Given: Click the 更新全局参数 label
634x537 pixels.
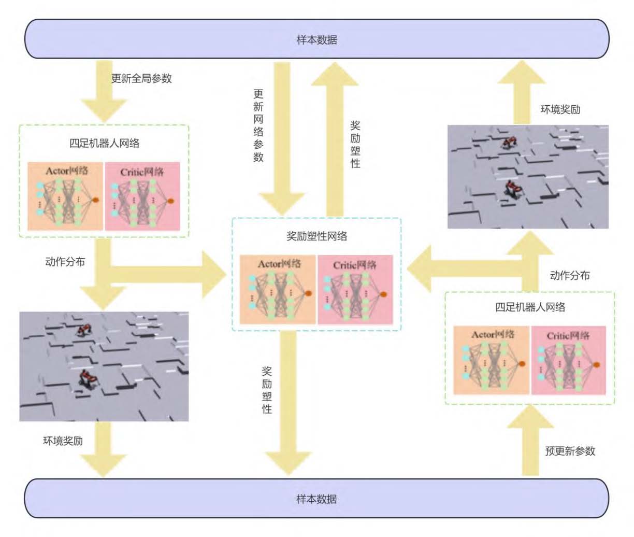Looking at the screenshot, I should [141, 79].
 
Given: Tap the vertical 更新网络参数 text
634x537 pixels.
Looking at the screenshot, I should [258, 125].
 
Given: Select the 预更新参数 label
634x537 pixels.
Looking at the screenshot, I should [570, 451].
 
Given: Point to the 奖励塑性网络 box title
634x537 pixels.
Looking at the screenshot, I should [316, 236].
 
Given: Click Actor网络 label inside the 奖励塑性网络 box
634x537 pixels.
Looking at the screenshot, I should [279, 264].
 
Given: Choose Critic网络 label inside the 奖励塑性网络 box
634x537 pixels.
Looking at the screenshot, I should [355, 265].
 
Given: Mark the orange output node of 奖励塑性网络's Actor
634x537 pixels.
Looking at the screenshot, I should [309, 294].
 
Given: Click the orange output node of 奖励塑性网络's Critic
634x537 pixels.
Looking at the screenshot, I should [384, 294].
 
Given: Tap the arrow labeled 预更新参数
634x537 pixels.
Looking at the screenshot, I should [530, 441].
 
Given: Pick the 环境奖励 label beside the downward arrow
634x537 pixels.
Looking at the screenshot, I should [63, 441].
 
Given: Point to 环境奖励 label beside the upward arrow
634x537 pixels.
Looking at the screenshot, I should [560, 109].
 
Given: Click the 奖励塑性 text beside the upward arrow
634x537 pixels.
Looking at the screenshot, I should [355, 144].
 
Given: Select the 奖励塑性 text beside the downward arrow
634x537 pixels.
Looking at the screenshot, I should [267, 390].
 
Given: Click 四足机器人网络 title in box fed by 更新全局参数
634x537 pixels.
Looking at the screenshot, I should [104, 143].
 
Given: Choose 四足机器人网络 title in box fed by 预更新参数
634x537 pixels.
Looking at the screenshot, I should [530, 307].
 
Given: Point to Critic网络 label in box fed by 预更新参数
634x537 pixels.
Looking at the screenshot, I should [568, 335].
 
